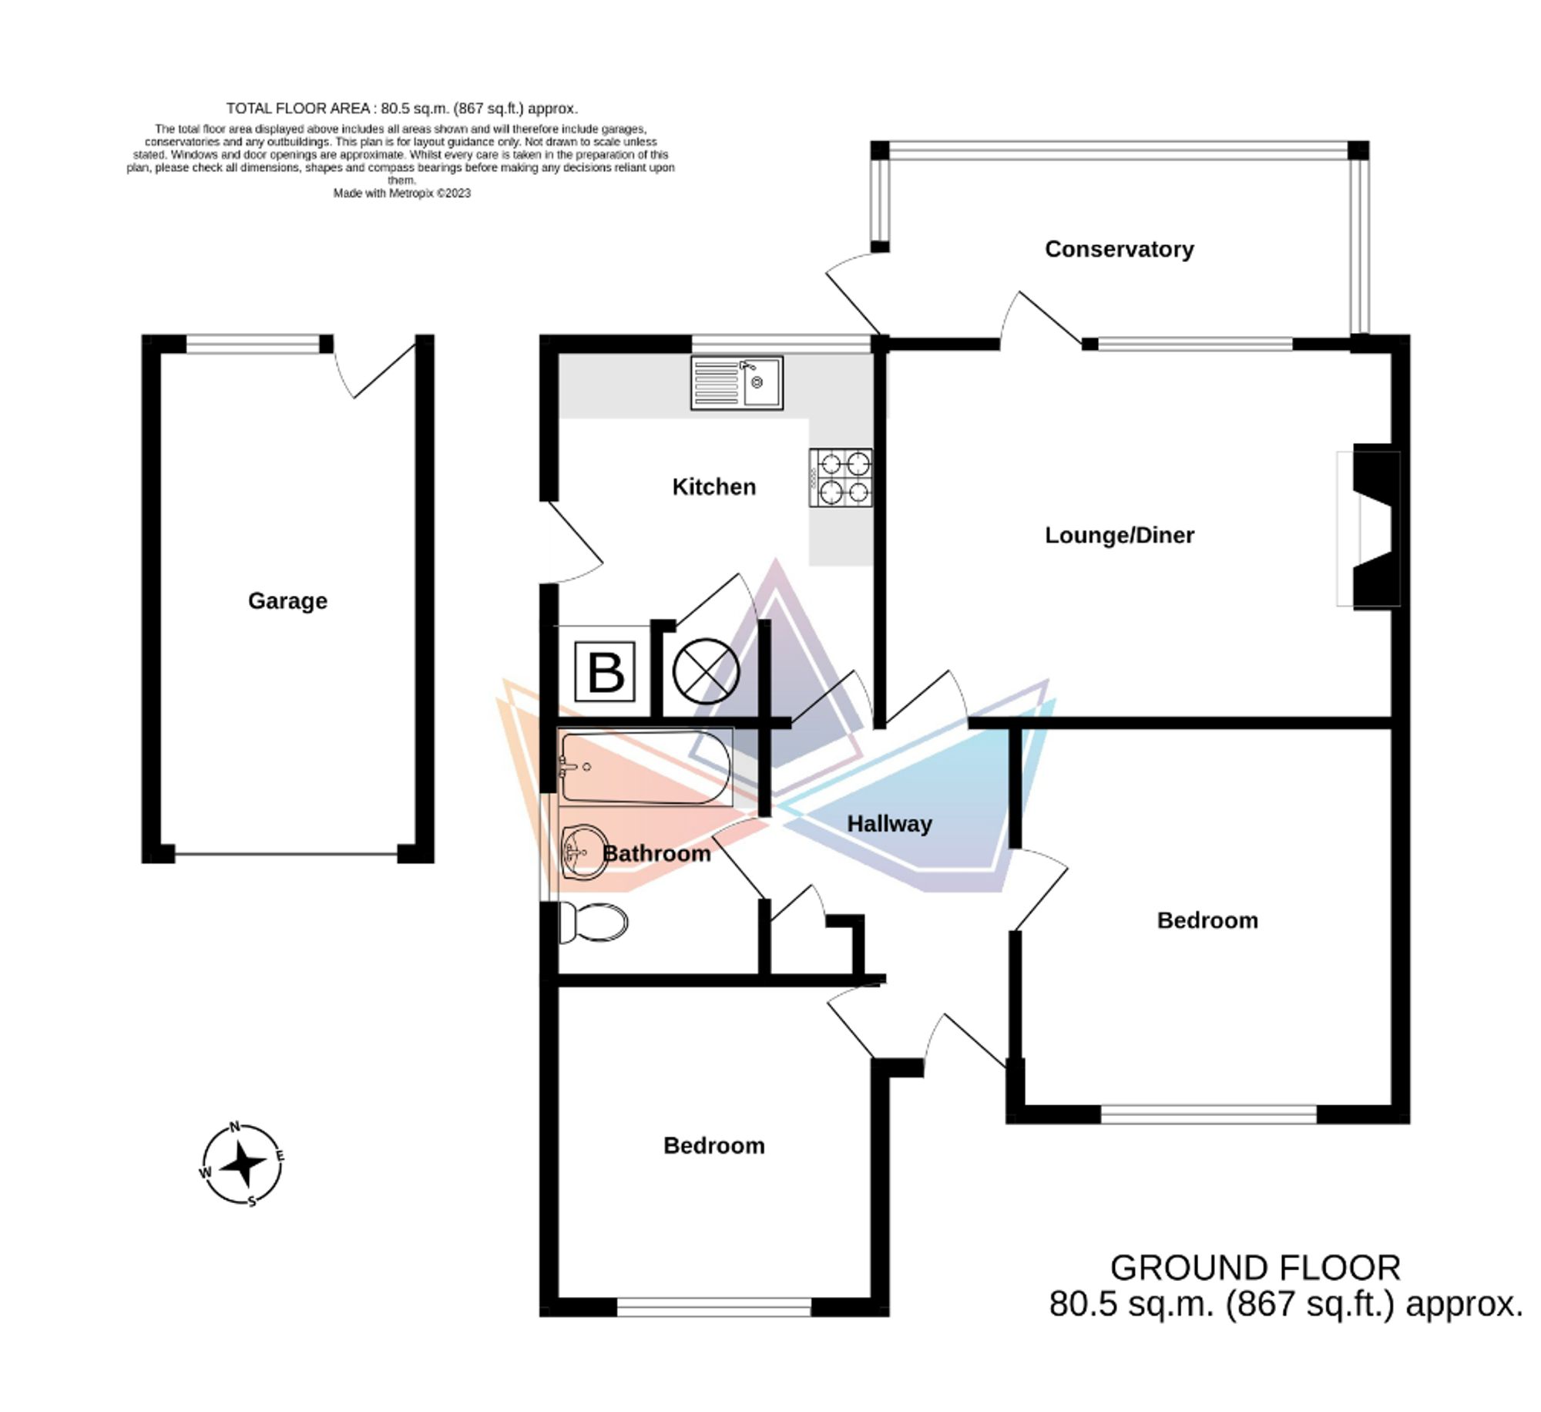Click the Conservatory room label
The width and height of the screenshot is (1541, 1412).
[1119, 249]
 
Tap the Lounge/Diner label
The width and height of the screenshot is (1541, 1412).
[1119, 535]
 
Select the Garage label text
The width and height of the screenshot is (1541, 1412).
[287, 600]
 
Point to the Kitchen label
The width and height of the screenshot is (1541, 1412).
[713, 486]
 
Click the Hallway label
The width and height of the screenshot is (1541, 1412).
[889, 824]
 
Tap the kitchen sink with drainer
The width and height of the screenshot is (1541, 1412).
[737, 382]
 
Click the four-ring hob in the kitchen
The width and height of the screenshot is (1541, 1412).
[841, 477]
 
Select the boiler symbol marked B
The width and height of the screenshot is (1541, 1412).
[606, 672]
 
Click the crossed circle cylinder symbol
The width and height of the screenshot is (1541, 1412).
[706, 671]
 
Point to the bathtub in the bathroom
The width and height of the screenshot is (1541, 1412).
[645, 768]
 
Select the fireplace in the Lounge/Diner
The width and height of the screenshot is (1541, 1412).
[1368, 529]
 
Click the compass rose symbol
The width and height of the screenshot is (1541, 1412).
[243, 1163]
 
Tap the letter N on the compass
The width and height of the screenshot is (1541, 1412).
[236, 1126]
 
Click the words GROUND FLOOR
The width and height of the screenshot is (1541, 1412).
[1255, 1268]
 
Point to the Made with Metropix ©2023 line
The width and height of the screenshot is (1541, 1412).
[401, 193]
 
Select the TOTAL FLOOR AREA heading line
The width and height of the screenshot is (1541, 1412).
[401, 109]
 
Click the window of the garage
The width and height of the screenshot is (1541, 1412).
[253, 344]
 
